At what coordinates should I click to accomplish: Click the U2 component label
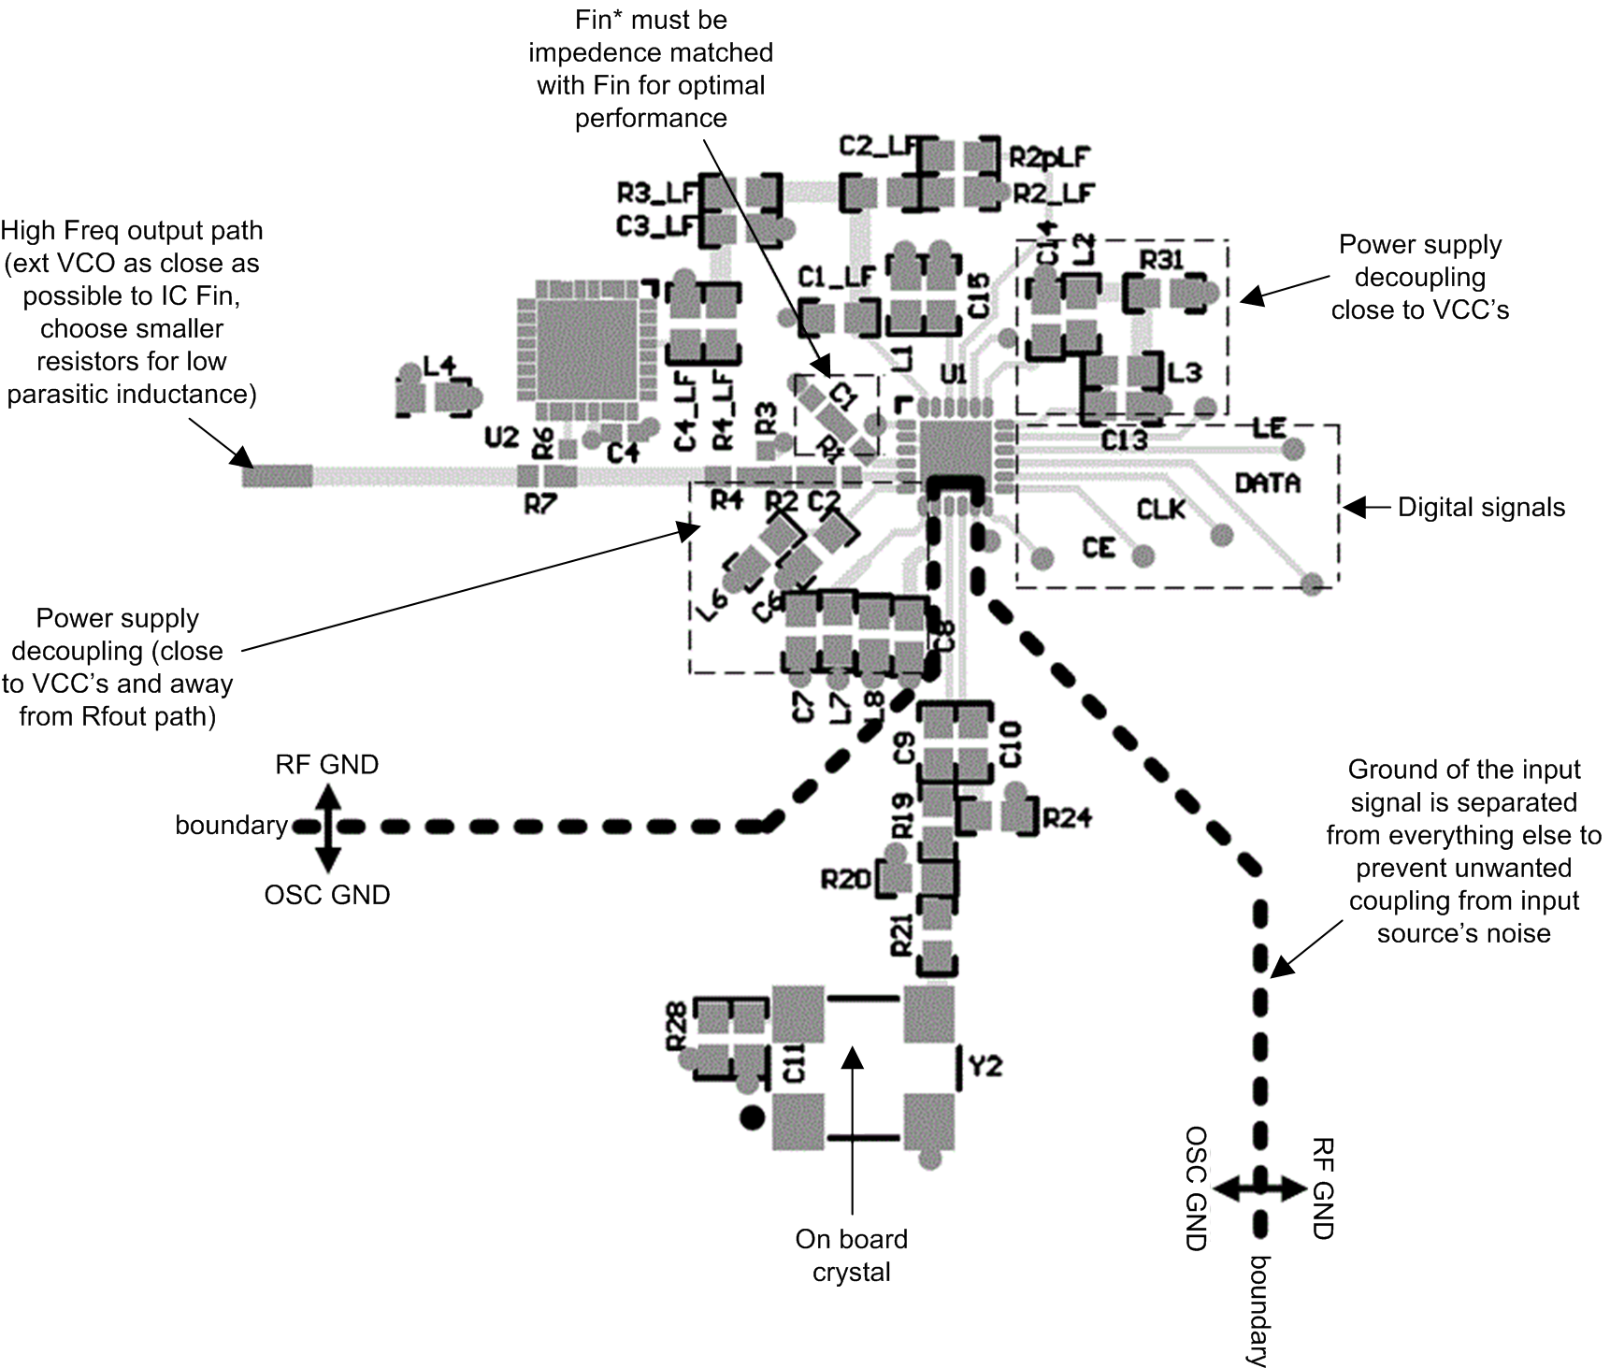click(x=501, y=437)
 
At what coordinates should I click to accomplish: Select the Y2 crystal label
click(x=985, y=1065)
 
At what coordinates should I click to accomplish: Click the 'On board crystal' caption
click(x=851, y=1255)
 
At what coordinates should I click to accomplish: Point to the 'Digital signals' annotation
click(x=1481, y=508)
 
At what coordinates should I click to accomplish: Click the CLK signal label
click(x=1160, y=509)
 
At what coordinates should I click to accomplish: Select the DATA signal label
click(x=1268, y=482)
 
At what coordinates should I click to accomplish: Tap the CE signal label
click(x=1099, y=547)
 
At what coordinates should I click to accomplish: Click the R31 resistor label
click(x=1161, y=260)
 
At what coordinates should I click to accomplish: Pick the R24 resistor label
click(x=1067, y=819)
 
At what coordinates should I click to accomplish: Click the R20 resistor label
click(x=845, y=879)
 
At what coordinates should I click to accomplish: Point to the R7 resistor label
click(x=540, y=505)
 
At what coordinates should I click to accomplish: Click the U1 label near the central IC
click(x=953, y=375)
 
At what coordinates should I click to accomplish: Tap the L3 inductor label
click(x=1184, y=372)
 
